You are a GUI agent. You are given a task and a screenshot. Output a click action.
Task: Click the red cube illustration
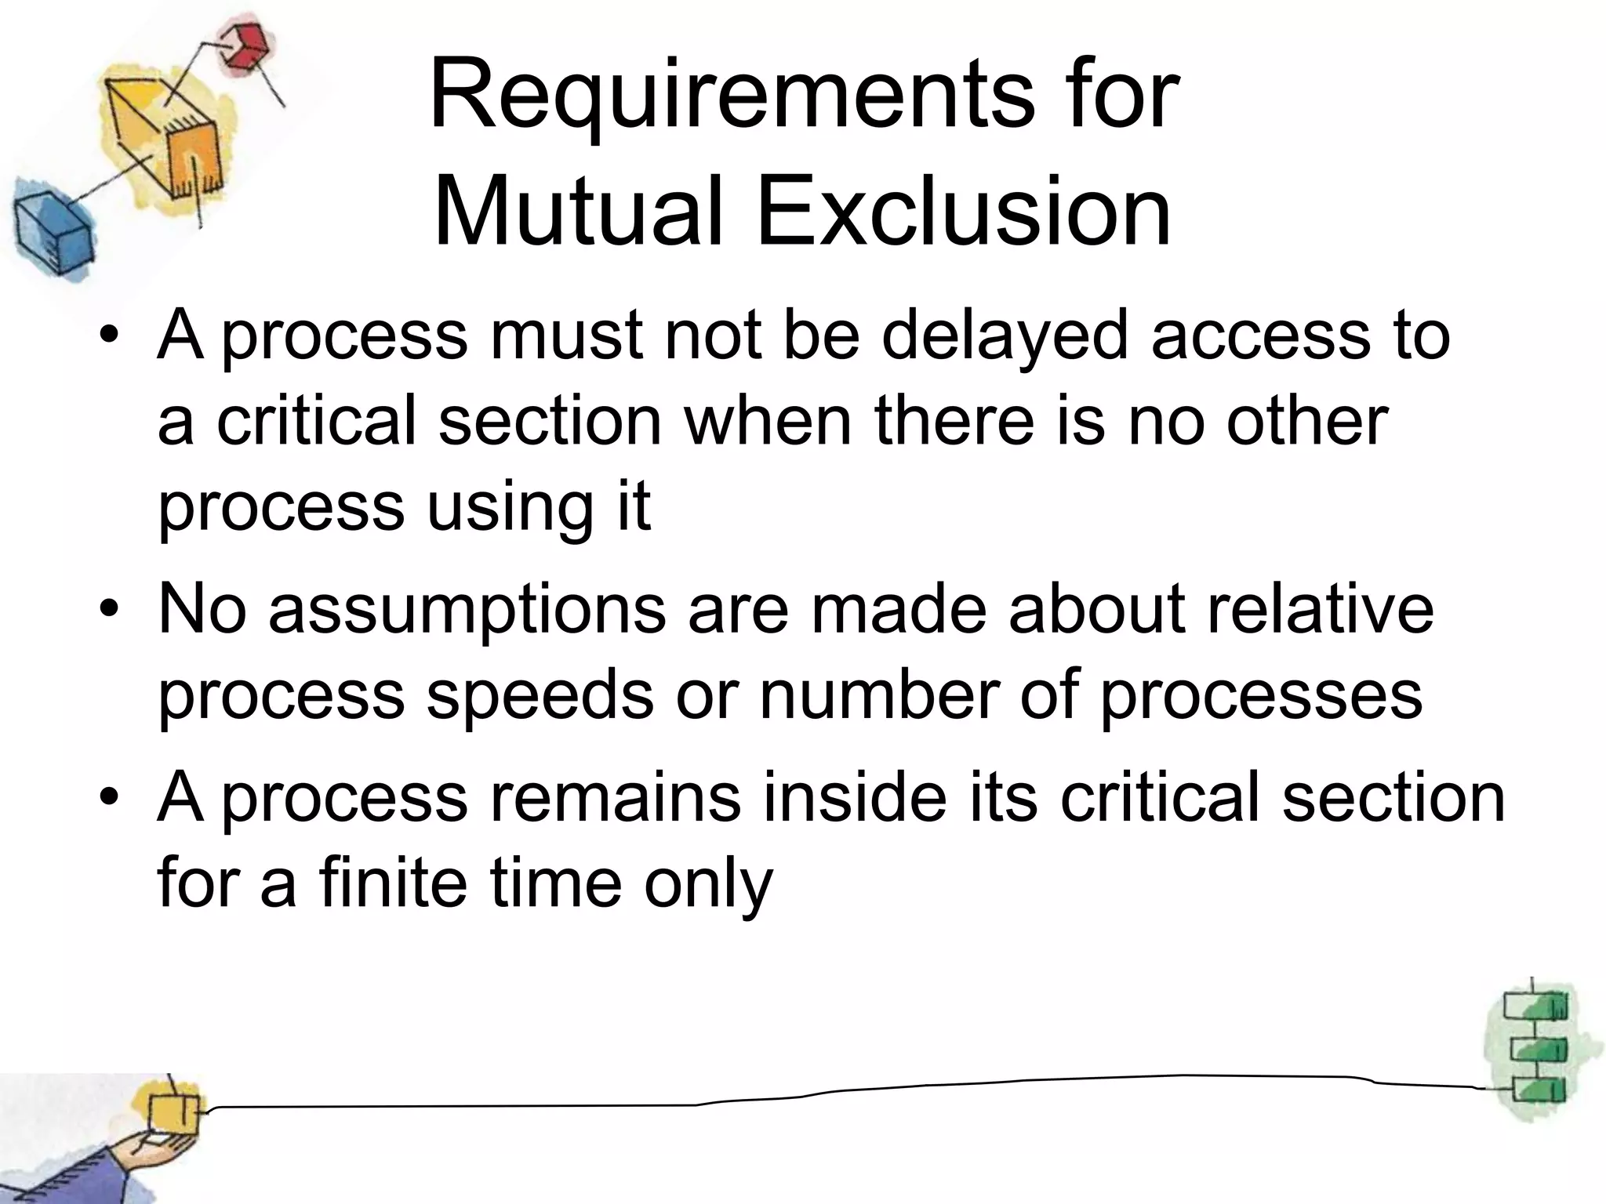pyautogui.click(x=242, y=47)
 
